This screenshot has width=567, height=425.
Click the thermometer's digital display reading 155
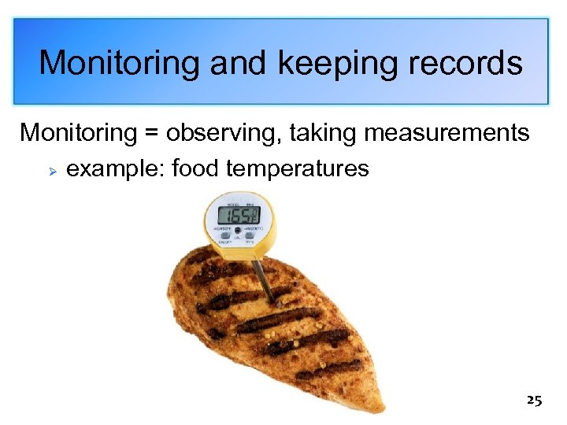click(x=239, y=214)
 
